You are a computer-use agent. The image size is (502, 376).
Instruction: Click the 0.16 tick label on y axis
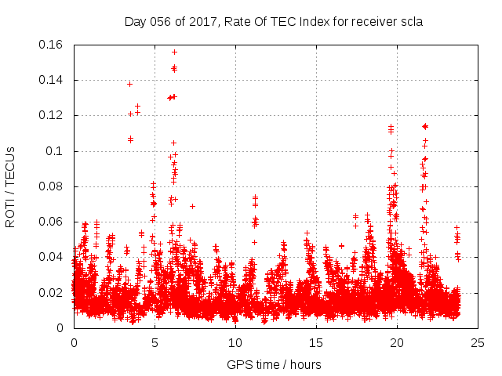(52, 45)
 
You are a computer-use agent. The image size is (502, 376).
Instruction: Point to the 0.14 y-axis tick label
(52, 80)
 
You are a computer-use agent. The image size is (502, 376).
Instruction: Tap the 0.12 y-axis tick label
(52, 115)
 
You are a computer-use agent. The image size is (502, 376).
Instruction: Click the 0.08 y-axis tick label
(52, 186)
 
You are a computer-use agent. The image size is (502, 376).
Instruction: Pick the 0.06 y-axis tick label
(52, 222)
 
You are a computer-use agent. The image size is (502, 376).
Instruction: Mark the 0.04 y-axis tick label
(52, 257)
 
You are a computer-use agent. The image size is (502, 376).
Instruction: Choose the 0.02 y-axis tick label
(52, 293)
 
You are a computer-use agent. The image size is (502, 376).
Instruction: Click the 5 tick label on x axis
(155, 342)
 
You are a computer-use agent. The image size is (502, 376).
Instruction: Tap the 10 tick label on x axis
(235, 342)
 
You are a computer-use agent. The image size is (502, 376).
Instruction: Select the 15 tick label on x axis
(316, 342)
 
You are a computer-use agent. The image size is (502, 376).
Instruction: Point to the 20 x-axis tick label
(397, 342)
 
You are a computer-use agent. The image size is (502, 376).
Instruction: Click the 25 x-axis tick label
(478, 342)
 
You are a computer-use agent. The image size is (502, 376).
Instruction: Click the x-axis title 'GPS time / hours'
(274, 364)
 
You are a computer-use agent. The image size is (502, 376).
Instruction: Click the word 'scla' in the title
(409, 21)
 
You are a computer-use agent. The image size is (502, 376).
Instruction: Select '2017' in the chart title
(193, 21)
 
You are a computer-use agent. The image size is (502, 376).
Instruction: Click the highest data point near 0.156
(174, 52)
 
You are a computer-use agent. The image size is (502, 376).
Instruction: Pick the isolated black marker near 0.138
(129, 84)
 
